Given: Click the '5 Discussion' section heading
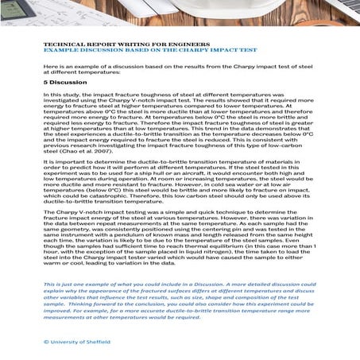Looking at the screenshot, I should pyautogui.click(x=66, y=81).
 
